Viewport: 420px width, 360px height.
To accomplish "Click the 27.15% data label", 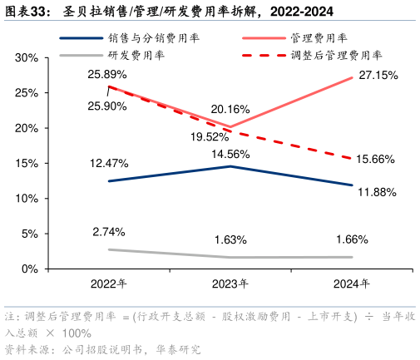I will coord(377,75).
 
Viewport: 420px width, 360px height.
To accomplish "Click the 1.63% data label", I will coord(230,239).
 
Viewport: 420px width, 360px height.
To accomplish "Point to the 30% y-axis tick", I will coord(27,58).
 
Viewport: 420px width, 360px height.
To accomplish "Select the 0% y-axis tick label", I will coord(31,269).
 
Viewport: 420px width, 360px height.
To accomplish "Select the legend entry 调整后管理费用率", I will coord(337,55).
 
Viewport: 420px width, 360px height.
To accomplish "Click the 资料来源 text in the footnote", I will coord(26,350).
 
